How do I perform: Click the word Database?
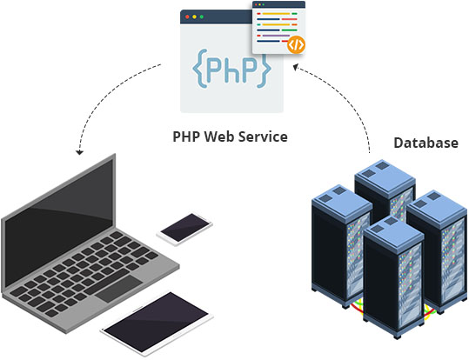[x=425, y=143]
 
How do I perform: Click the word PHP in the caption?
[x=186, y=137]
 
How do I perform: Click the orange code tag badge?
[x=296, y=45]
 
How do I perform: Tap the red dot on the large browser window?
[x=187, y=17]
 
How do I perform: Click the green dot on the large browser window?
[x=202, y=17]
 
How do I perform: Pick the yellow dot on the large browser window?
[x=194, y=17]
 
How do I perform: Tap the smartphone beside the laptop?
[x=184, y=228]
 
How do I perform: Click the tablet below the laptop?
[x=157, y=323]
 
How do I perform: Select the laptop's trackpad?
[x=119, y=289]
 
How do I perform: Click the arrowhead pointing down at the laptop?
[x=79, y=151]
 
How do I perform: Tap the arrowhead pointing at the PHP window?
[x=296, y=67]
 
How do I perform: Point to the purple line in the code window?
[x=276, y=36]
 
